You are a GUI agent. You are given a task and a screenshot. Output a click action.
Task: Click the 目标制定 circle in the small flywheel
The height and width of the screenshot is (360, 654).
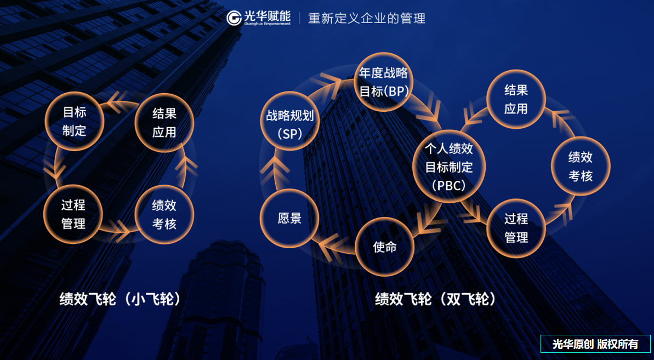tap(75, 121)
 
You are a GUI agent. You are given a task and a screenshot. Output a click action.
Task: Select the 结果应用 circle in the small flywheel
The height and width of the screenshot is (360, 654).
tap(164, 122)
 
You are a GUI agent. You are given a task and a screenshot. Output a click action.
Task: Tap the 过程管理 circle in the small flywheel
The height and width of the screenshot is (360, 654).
tap(73, 214)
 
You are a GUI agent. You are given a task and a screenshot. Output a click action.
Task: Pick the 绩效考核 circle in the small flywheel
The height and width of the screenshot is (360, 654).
tap(164, 214)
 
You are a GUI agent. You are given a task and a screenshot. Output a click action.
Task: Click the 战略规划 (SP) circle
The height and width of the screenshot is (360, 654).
tap(290, 124)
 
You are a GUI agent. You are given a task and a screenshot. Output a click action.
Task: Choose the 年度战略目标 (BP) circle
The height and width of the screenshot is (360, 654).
tap(384, 82)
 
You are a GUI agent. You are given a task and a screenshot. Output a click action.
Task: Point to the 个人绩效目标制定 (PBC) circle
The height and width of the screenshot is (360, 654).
tap(449, 167)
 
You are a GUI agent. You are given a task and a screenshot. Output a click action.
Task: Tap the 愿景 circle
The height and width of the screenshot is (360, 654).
tap(289, 218)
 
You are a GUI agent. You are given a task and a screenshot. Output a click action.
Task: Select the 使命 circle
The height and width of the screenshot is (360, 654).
tap(384, 247)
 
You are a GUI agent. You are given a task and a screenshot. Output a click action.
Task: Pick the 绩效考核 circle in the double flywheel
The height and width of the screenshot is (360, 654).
tap(580, 166)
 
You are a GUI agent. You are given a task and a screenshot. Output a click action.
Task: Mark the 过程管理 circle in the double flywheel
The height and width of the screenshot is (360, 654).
tap(516, 228)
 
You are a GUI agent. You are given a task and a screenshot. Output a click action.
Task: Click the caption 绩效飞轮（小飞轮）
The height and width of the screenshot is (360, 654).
tap(121, 299)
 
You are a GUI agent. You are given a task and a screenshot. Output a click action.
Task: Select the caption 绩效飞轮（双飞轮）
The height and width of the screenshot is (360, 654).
tap(436, 299)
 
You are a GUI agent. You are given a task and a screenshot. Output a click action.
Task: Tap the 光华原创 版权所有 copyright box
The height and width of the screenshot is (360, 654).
tap(595, 344)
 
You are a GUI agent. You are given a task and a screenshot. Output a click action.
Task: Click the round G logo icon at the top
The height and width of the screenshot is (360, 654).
tap(234, 18)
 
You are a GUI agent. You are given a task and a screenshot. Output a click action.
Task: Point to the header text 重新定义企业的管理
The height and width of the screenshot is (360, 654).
tap(367, 18)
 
